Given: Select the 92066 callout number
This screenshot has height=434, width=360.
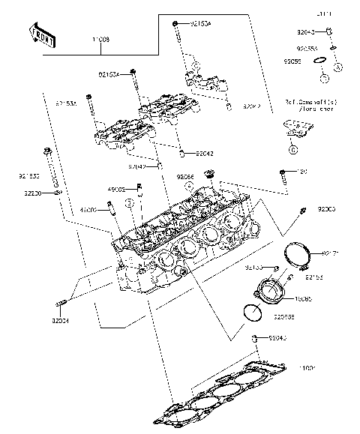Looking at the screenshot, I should pos(185,177).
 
